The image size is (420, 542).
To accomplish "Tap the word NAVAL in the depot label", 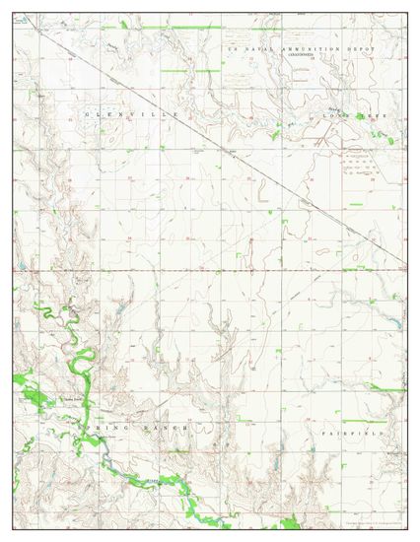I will [x=251, y=47].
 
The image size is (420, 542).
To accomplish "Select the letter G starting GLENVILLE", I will [x=88, y=115].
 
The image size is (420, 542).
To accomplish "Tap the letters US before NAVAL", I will [x=232, y=47].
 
